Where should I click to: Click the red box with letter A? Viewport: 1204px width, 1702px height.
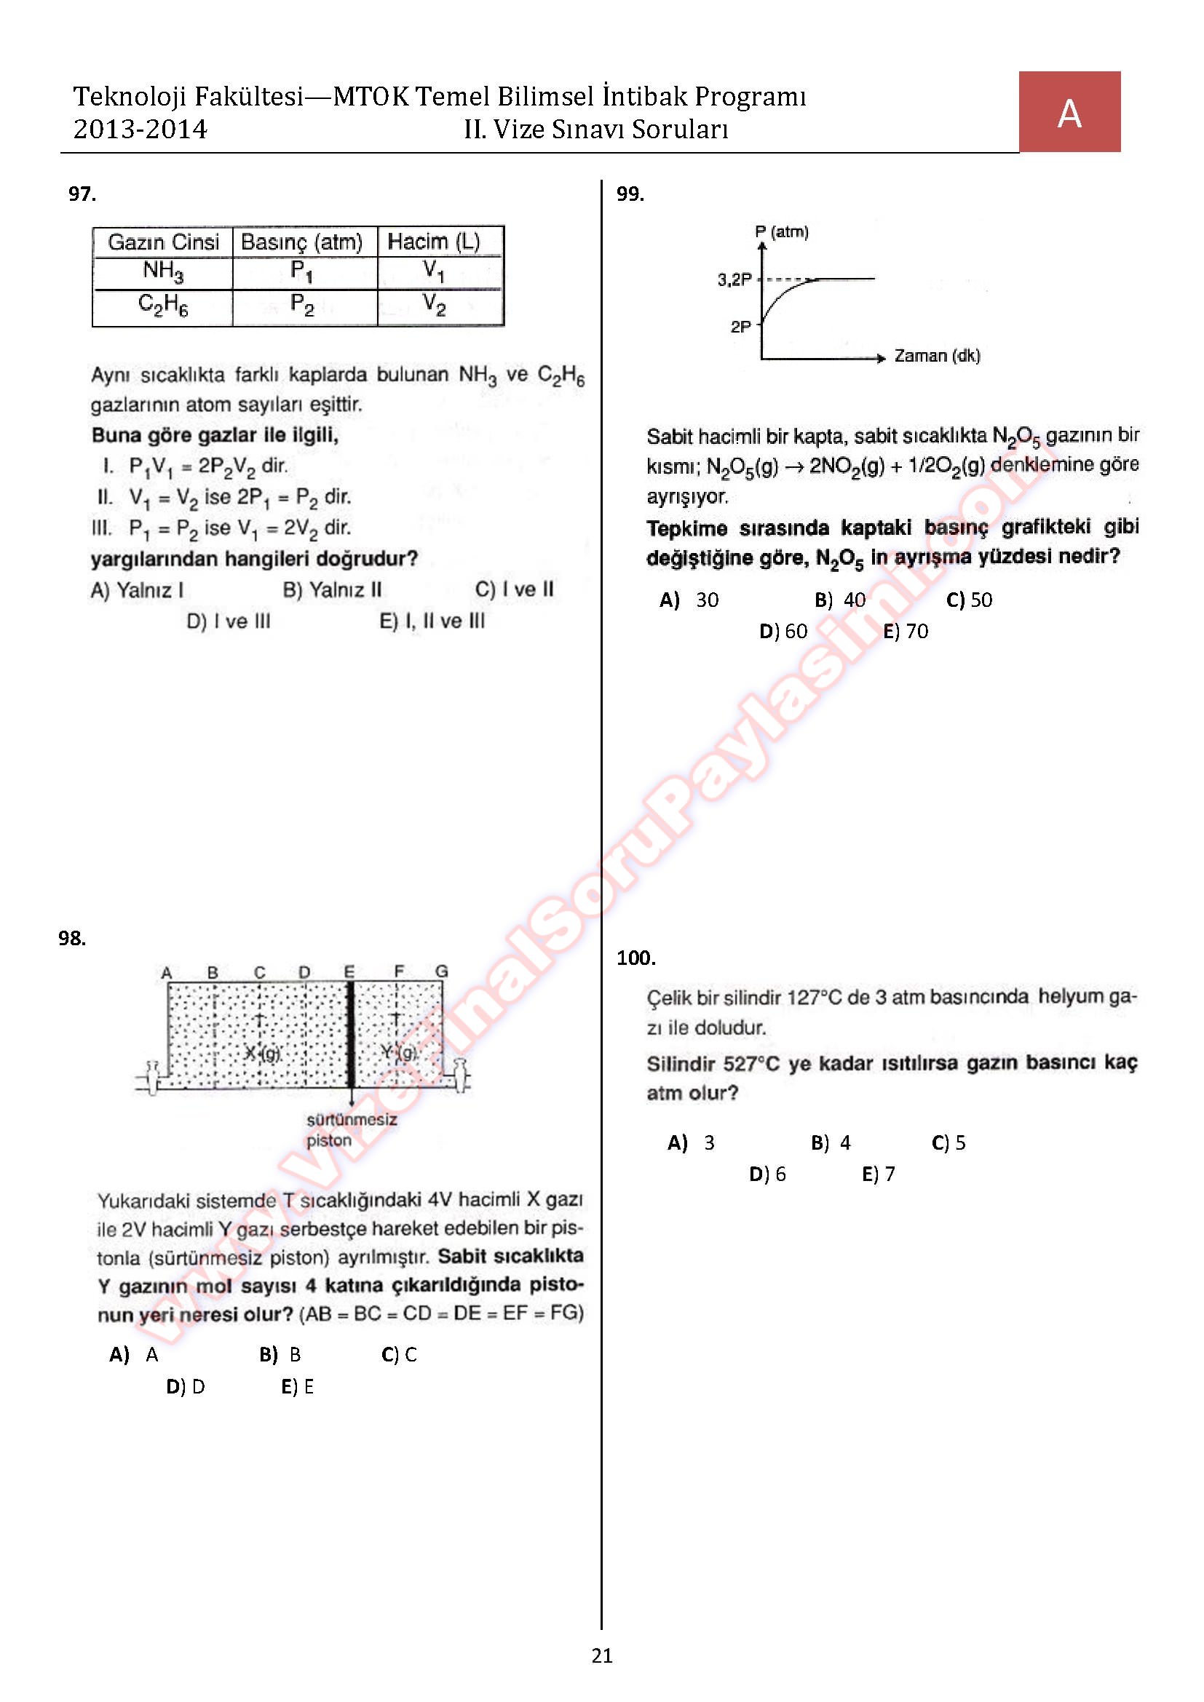click(x=1069, y=112)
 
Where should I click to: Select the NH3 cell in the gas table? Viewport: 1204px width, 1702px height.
click(x=163, y=271)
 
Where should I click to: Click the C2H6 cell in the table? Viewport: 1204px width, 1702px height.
click(x=163, y=305)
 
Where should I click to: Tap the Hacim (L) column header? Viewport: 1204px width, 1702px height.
click(x=434, y=242)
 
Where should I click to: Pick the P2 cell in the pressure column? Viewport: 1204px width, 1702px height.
click(x=302, y=305)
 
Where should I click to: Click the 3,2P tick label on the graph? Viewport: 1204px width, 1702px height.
click(x=734, y=279)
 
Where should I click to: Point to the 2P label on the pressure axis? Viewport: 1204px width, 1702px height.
click(x=740, y=326)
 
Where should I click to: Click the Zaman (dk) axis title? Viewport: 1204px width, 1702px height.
click(x=937, y=356)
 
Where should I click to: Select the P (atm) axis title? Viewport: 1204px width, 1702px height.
click(x=781, y=232)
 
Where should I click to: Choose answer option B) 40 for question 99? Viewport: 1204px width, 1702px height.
click(x=840, y=600)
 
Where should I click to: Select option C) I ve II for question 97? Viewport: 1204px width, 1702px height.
click(x=515, y=589)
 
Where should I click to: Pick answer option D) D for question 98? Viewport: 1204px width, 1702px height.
click(x=186, y=1386)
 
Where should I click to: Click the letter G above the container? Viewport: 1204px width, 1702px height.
click(x=441, y=971)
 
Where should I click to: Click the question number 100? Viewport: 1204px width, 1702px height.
click(x=636, y=958)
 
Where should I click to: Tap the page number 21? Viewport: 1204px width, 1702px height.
click(x=602, y=1655)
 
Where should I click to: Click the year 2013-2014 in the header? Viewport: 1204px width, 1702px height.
click(x=140, y=130)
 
